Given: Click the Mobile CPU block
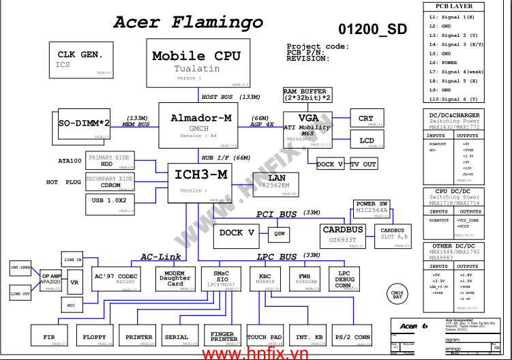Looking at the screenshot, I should click(x=196, y=63).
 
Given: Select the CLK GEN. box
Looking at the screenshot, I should click(x=80, y=59).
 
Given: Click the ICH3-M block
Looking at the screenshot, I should click(x=200, y=182).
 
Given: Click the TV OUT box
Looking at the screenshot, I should click(x=363, y=164).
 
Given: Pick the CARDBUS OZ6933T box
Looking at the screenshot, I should click(x=343, y=235).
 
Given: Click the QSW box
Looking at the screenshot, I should click(x=279, y=233).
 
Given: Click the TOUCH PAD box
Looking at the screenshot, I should click(x=265, y=337).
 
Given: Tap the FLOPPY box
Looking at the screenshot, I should click(x=95, y=337).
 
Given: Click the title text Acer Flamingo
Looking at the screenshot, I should click(x=188, y=22).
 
